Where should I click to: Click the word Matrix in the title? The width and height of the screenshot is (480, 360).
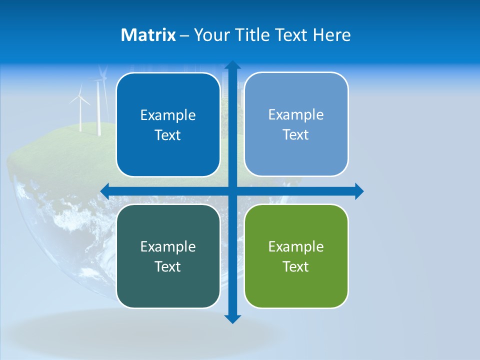point(148,35)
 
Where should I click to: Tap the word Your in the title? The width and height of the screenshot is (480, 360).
point(212,35)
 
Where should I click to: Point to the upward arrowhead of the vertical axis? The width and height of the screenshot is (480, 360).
point(232,65)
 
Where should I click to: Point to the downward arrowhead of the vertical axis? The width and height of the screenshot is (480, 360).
point(232,318)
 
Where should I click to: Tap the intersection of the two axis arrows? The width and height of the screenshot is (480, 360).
point(232,191)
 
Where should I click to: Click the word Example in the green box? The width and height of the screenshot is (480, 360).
point(296,246)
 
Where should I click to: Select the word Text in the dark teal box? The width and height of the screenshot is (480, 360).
point(167,266)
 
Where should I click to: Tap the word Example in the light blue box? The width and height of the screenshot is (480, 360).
point(296,114)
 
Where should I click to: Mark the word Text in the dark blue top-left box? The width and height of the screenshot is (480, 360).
point(167,135)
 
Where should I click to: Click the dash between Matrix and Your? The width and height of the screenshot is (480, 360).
point(184,35)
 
